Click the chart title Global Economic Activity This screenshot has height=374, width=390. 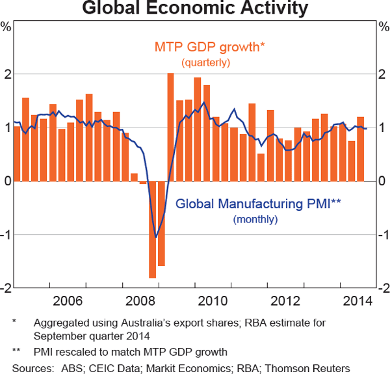pyautogui.click(x=195, y=9)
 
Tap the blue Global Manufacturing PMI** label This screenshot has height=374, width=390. pyautogui.click(x=258, y=204)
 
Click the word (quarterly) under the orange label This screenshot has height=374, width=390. pyautogui.click(x=206, y=62)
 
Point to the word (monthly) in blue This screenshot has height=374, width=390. pyautogui.click(x=255, y=219)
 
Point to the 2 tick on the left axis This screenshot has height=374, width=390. pyautogui.click(x=7, y=74)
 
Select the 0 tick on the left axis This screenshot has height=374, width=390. pyautogui.click(x=7, y=181)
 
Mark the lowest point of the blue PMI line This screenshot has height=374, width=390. pyautogui.click(x=155, y=237)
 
